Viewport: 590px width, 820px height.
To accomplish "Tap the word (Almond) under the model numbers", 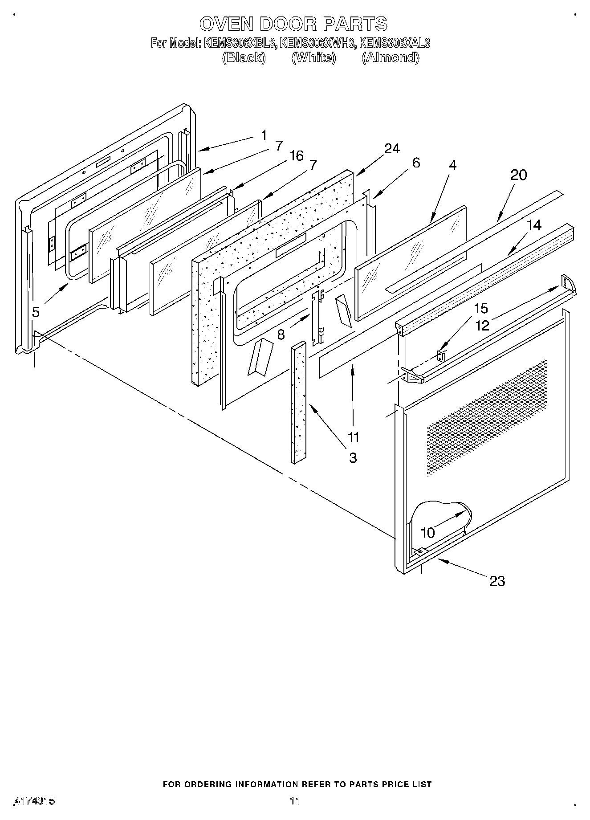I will pyautogui.click(x=390, y=58).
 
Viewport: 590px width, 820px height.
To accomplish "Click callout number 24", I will pyautogui.click(x=391, y=149).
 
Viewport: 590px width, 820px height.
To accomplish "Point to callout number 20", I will pyautogui.click(x=518, y=175).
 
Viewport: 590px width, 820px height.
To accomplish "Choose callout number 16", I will pyautogui.click(x=296, y=156).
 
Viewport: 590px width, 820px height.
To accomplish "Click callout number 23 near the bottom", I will pyautogui.click(x=497, y=581).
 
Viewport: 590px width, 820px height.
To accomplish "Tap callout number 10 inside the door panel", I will pyautogui.click(x=427, y=532).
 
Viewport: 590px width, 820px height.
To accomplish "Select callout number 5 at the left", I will pyautogui.click(x=36, y=312).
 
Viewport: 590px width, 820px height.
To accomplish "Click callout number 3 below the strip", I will pyautogui.click(x=353, y=457).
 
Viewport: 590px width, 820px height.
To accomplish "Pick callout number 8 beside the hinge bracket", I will pyautogui.click(x=281, y=334).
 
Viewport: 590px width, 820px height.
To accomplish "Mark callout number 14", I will pyautogui.click(x=534, y=225).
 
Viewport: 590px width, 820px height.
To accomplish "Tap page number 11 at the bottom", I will pyautogui.click(x=295, y=801).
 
